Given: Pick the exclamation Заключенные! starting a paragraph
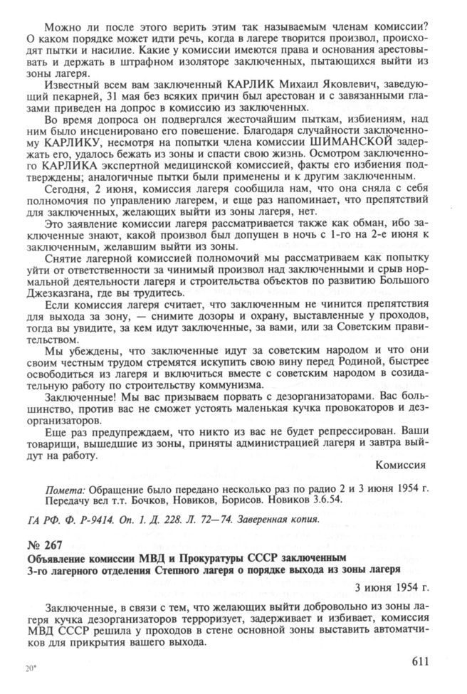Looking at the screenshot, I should [83, 401].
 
